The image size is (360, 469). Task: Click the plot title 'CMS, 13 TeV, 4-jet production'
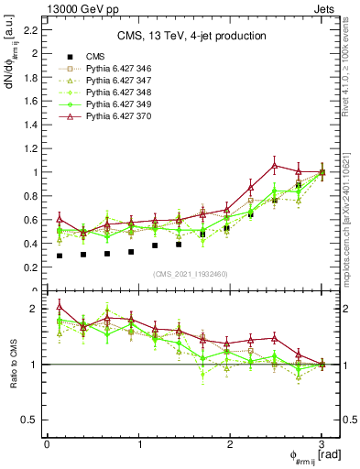pyautogui.click(x=191, y=36)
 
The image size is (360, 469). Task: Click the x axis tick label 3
pyautogui.click(x=322, y=444)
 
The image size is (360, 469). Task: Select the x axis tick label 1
pyautogui.click(x=138, y=444)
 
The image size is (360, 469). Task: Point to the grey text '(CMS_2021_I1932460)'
pyautogui.click(x=191, y=274)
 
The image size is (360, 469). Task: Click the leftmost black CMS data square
pyautogui.click(x=60, y=256)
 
